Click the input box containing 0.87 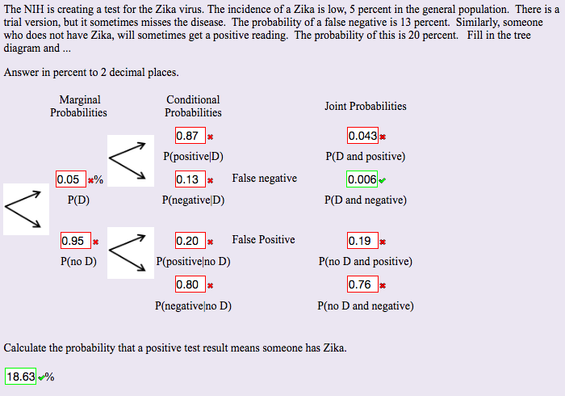tap(190, 136)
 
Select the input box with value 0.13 tap(190, 179)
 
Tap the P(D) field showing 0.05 tap(70, 179)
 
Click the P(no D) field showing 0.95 tap(75, 240)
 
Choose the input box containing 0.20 tap(190, 240)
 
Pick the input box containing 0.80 tap(190, 284)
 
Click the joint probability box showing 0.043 tap(362, 136)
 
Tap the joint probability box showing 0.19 tap(362, 240)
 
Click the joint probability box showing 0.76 tap(362, 284)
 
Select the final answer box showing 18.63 tap(21, 377)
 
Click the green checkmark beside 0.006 tap(382, 180)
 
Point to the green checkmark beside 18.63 tap(41, 377)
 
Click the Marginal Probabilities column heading tap(79, 106)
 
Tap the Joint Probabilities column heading tap(365, 106)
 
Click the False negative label tap(264, 179)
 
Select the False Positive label tap(263, 240)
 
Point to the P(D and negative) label tap(365, 200)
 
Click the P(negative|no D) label tap(193, 306)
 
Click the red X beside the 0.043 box tap(383, 137)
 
